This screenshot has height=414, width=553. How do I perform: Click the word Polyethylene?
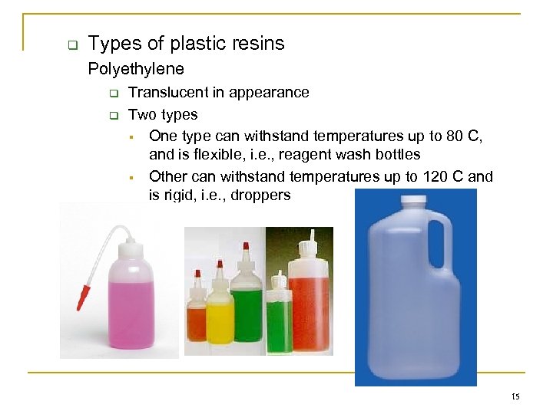(x=136, y=69)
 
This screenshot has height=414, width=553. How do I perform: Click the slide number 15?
(x=515, y=396)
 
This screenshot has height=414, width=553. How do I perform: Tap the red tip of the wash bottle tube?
(x=81, y=297)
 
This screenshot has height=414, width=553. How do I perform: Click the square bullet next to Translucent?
(x=112, y=94)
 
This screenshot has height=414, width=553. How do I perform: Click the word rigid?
(x=180, y=195)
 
